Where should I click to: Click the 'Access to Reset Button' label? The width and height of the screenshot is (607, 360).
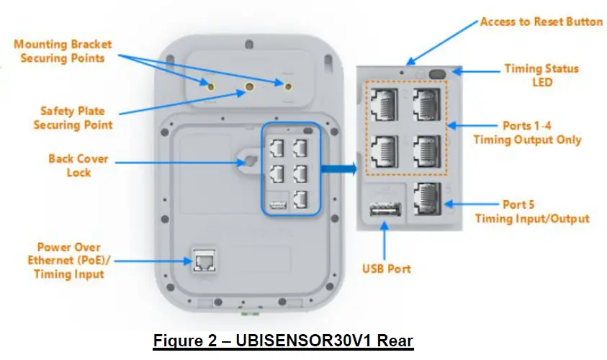pos(541,22)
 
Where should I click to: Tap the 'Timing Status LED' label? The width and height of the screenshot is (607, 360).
pos(541,76)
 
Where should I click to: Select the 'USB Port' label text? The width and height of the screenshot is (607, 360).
pos(386,269)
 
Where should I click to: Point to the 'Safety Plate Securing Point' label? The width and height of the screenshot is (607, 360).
pos(72,118)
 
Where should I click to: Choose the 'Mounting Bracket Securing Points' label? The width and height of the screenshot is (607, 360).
pos(63,51)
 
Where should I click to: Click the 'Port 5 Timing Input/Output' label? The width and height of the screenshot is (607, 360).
pos(532,212)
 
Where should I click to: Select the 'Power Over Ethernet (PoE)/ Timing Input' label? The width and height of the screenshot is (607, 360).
pos(68,260)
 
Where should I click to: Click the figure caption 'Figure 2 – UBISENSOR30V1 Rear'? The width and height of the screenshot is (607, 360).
pos(283,339)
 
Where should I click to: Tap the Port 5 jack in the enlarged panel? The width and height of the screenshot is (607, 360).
pos(429,202)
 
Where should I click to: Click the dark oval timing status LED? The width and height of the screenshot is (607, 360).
pos(436,73)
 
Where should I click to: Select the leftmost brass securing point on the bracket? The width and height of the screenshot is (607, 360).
pos(210,86)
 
